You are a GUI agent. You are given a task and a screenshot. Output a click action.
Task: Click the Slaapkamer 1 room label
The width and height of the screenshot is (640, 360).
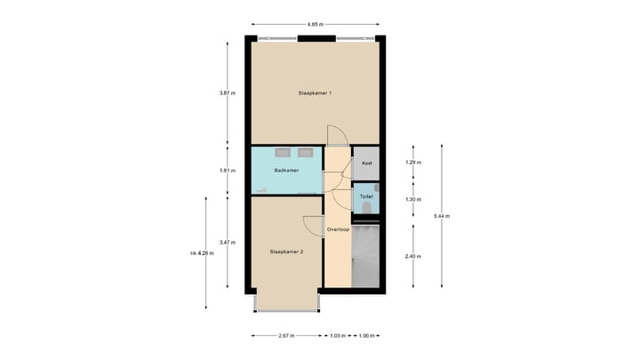[315, 93]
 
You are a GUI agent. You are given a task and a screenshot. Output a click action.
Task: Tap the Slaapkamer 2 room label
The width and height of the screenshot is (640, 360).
[286, 252]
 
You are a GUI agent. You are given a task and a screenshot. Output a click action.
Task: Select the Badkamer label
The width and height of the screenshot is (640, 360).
[285, 170]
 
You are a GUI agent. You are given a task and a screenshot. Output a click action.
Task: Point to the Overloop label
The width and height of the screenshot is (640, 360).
[337, 229]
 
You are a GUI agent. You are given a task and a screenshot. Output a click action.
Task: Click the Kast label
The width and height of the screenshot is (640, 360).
[365, 164]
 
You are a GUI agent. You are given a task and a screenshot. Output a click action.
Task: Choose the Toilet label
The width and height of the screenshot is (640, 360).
[365, 196]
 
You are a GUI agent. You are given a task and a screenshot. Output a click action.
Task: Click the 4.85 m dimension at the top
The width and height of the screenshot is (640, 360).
[315, 24]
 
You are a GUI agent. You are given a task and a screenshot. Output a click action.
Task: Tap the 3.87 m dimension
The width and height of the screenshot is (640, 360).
[227, 93]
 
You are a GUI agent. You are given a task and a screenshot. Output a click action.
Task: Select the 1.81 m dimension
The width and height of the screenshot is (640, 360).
[227, 170]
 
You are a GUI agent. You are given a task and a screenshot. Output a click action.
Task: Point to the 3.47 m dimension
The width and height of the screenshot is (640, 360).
[227, 243]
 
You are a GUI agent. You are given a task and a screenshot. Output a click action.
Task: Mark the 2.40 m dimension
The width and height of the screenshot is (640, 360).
[413, 256]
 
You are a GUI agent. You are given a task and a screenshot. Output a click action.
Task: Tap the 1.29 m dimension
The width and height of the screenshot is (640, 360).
[413, 163]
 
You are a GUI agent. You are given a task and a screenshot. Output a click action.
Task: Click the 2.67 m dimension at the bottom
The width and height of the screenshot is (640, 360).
[286, 336]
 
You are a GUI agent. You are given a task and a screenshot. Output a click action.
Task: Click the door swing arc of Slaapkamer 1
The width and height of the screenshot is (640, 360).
[338, 135]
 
